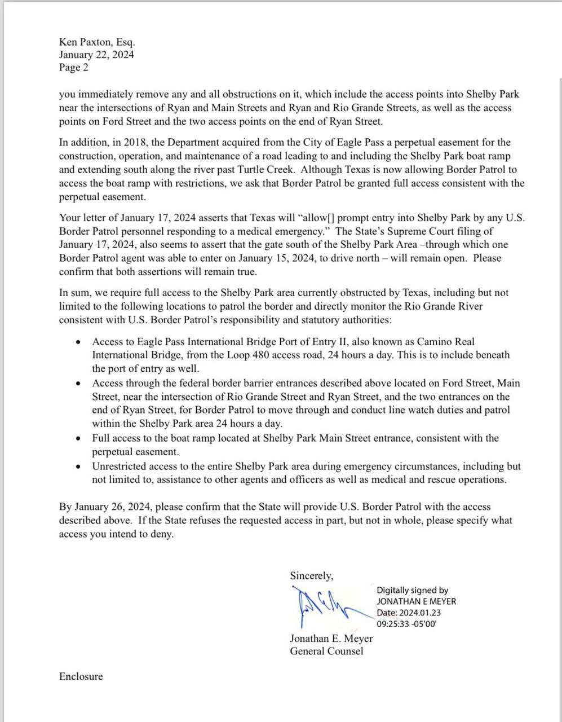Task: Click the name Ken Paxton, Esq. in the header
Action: (96, 42)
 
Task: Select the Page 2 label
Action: (74, 68)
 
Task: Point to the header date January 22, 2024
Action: (96, 55)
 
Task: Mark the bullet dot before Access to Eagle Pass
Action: (78, 342)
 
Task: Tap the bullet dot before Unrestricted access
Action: (78, 466)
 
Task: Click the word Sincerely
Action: (311, 576)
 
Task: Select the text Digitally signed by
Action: (413, 590)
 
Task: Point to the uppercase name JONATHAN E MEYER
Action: (417, 601)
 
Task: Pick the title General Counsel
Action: (326, 651)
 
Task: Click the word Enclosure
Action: (81, 676)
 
